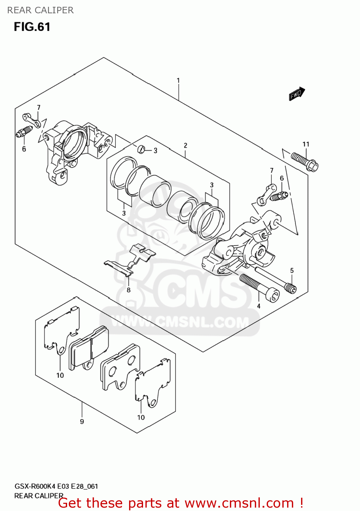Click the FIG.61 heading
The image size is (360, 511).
32,27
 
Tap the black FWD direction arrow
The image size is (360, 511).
297,93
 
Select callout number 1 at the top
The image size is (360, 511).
178,81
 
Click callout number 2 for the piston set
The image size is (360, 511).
185,145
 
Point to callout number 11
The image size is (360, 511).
306,144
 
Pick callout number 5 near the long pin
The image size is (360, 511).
292,270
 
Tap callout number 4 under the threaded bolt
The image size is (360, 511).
259,306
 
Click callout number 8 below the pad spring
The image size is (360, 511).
128,290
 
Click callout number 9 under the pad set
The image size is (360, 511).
82,422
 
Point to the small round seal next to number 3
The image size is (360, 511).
141,149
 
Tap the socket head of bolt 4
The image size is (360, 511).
273,295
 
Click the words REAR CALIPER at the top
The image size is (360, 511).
40,10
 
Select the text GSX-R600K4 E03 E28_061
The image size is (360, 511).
56,486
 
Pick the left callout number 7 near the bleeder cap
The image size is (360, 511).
38,108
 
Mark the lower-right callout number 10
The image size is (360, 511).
141,417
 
